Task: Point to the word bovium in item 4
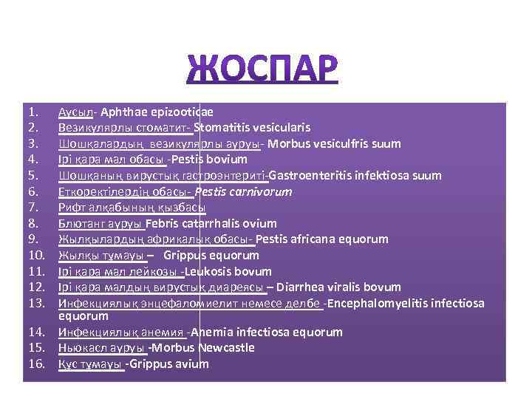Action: (x=228, y=160)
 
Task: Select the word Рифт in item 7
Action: (x=72, y=208)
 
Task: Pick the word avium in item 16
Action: (x=193, y=364)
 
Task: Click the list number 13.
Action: (x=38, y=304)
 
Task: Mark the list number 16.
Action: (x=38, y=364)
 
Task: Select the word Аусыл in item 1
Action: (x=75, y=112)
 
